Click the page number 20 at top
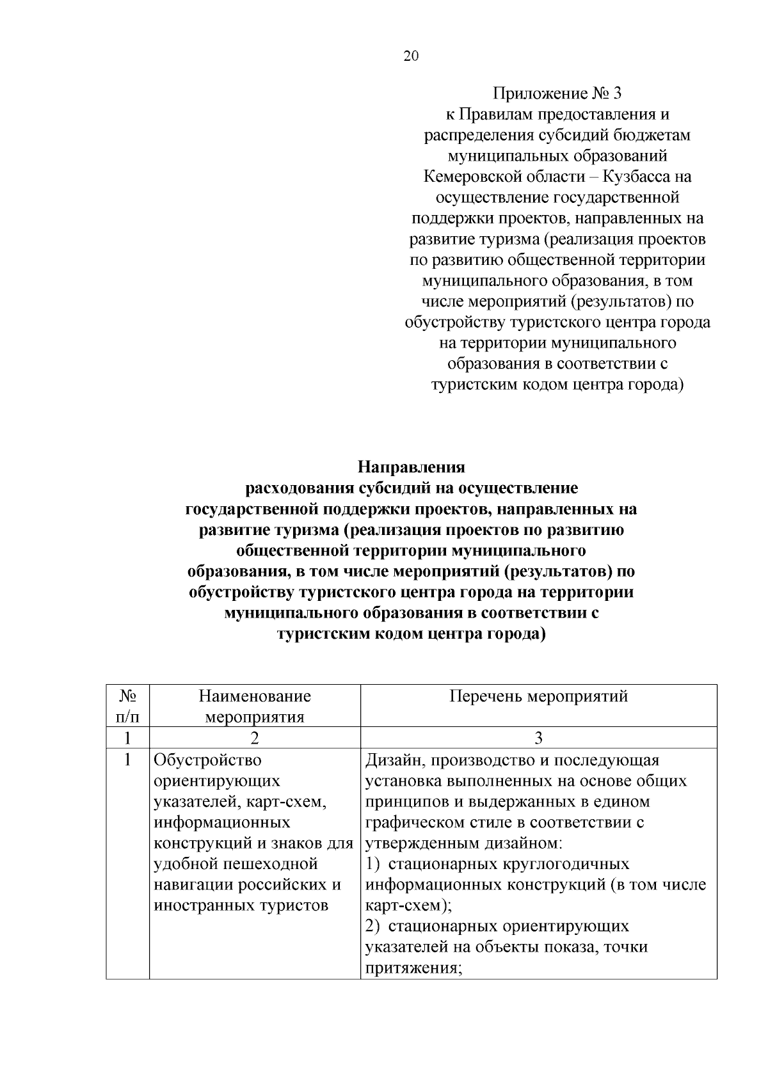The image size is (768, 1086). [x=411, y=56]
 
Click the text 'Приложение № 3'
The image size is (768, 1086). [x=557, y=93]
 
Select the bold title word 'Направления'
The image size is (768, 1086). [x=411, y=467]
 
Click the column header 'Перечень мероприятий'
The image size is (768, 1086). [x=538, y=696]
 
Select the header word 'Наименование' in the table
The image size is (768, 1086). [x=255, y=696]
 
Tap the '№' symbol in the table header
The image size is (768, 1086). [x=127, y=696]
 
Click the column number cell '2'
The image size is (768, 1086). [x=255, y=738]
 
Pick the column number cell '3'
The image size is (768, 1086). [x=538, y=738]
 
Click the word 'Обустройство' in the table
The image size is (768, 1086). [x=208, y=760]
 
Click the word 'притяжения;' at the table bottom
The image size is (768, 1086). [x=413, y=968]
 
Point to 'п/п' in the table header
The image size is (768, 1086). [x=127, y=717]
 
